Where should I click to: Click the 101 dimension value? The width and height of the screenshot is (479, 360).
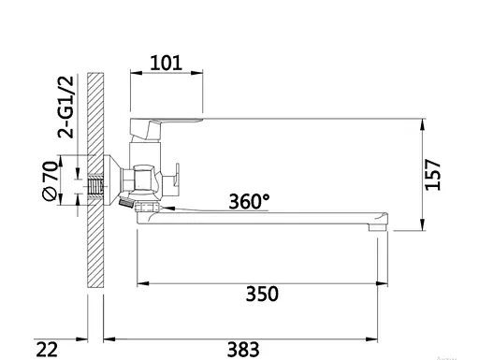(166, 63)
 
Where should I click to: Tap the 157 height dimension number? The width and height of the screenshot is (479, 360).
(433, 174)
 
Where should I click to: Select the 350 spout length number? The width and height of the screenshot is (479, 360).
(262, 294)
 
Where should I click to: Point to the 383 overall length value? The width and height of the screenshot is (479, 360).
(243, 350)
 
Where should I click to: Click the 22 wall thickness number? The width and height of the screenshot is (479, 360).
(47, 350)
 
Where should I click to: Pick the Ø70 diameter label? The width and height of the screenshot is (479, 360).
(50, 180)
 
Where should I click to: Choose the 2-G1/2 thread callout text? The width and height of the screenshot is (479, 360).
(65, 107)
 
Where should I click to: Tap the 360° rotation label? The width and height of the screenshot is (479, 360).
(249, 201)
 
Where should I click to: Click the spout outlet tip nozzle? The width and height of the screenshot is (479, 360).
(378, 227)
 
